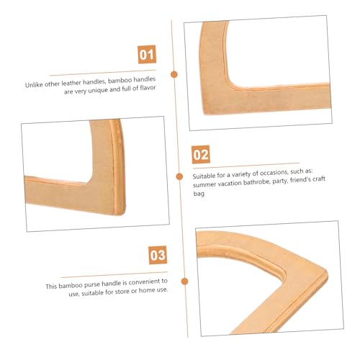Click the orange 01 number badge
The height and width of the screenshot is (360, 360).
147,55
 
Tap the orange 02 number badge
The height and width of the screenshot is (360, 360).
201,155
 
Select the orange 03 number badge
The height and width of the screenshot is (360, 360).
158,255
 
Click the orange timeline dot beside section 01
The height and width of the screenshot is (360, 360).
174,74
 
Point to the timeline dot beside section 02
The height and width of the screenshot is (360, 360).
179,176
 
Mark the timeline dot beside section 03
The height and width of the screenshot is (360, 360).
184,282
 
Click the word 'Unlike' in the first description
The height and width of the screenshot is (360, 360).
34,85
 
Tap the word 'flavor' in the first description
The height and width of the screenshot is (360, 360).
148,88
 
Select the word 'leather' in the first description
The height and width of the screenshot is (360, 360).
71,83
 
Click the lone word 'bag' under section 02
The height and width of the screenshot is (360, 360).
199,194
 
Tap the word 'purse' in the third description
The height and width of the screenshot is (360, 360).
91,284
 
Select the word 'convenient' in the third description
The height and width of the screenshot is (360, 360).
145,282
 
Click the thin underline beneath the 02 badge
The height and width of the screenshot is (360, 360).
246,166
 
